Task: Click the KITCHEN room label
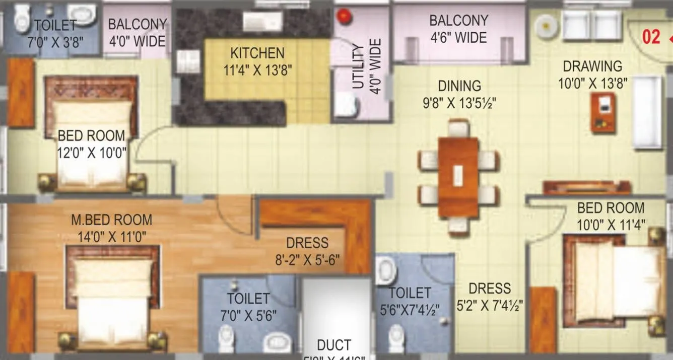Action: click(x=257, y=53)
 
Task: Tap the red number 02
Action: click(x=651, y=37)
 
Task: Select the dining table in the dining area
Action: click(x=458, y=177)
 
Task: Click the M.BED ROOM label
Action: click(x=111, y=220)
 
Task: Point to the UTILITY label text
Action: click(x=358, y=66)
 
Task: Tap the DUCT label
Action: click(x=334, y=345)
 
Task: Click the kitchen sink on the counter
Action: click(x=262, y=22)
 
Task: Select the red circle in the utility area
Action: click(x=344, y=16)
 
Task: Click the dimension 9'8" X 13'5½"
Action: click(x=459, y=103)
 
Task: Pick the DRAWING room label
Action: click(x=592, y=66)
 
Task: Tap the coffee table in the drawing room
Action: click(x=603, y=112)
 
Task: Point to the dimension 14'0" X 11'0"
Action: click(x=112, y=237)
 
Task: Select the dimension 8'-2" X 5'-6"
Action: click(x=307, y=260)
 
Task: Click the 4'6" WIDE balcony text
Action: click(x=458, y=38)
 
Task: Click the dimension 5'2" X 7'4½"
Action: click(x=490, y=305)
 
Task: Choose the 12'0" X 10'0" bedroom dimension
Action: click(x=91, y=152)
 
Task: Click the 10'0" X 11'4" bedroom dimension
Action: click(x=611, y=224)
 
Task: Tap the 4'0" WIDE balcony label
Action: click(x=137, y=40)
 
